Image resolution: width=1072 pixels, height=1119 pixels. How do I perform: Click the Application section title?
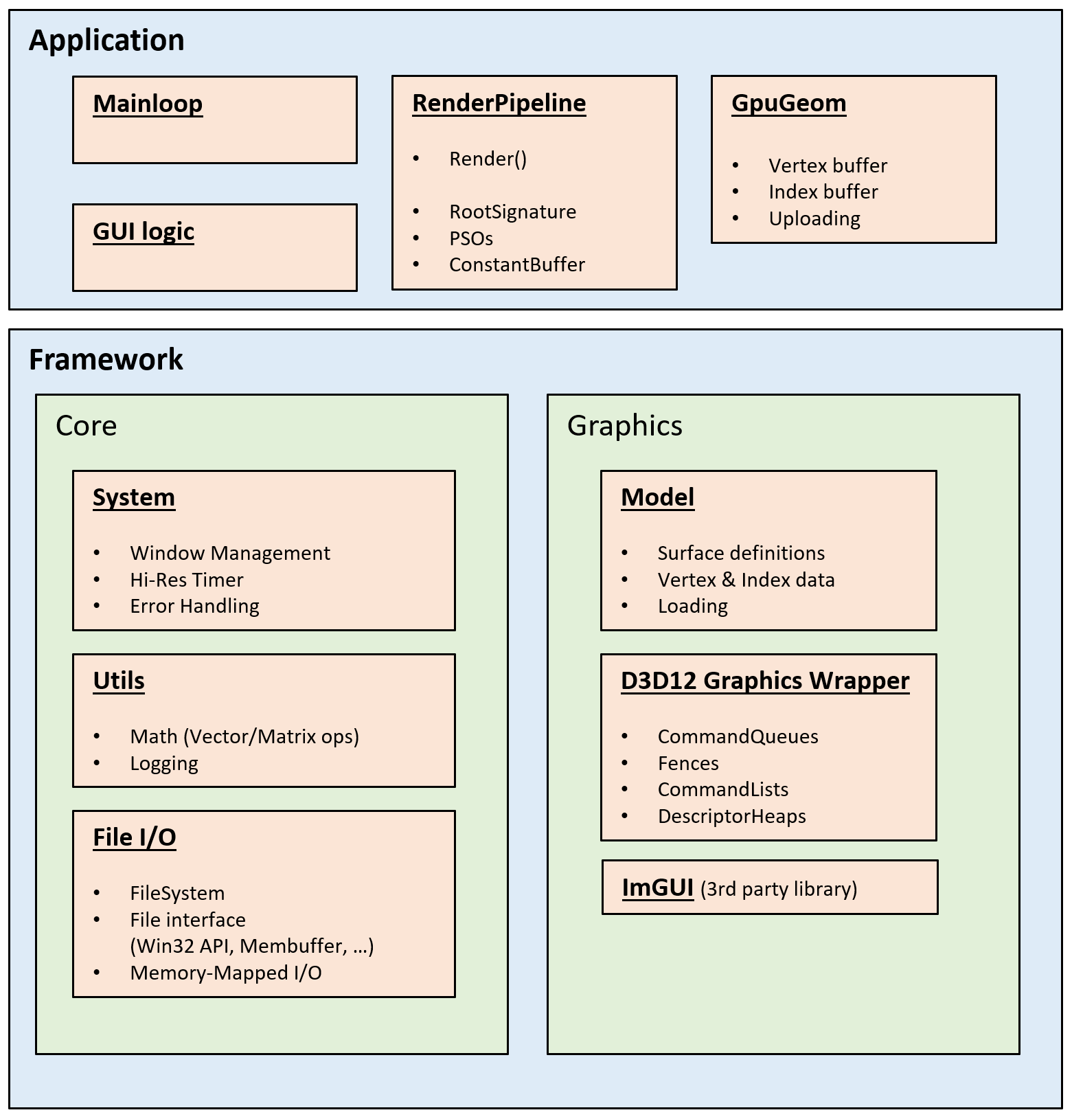[x=106, y=41]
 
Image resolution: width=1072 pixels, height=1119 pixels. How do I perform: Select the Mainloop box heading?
[x=148, y=104]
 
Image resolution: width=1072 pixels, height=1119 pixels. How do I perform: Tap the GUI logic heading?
[x=144, y=232]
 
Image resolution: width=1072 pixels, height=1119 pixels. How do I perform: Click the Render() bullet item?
[x=488, y=159]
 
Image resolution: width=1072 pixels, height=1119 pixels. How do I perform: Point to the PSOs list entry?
[x=471, y=239]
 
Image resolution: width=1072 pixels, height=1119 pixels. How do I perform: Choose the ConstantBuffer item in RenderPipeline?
[x=516, y=265]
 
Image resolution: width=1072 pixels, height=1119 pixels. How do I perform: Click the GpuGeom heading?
[x=788, y=103]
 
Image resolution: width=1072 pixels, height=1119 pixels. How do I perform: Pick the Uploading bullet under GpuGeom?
[x=814, y=219]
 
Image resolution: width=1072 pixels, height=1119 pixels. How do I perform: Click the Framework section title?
[x=106, y=360]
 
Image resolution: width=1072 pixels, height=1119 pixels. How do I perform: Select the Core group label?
[x=86, y=426]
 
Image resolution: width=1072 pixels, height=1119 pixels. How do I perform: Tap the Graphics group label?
[x=624, y=426]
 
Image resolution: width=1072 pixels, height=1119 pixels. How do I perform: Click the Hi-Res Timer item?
[x=186, y=580]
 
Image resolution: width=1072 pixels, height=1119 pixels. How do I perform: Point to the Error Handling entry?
[x=194, y=607]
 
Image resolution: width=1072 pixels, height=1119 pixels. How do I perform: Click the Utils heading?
[x=119, y=681]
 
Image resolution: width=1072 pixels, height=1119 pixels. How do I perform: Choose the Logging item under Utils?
[x=164, y=764]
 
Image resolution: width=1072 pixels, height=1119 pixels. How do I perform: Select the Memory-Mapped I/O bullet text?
[x=225, y=973]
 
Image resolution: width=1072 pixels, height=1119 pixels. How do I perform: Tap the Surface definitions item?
[x=741, y=554]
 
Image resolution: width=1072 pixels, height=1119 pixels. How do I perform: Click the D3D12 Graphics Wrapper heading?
[x=765, y=681]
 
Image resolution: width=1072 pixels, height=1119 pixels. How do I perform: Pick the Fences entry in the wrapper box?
[x=688, y=764]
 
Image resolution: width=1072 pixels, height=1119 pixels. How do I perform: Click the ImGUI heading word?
[x=657, y=888]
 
